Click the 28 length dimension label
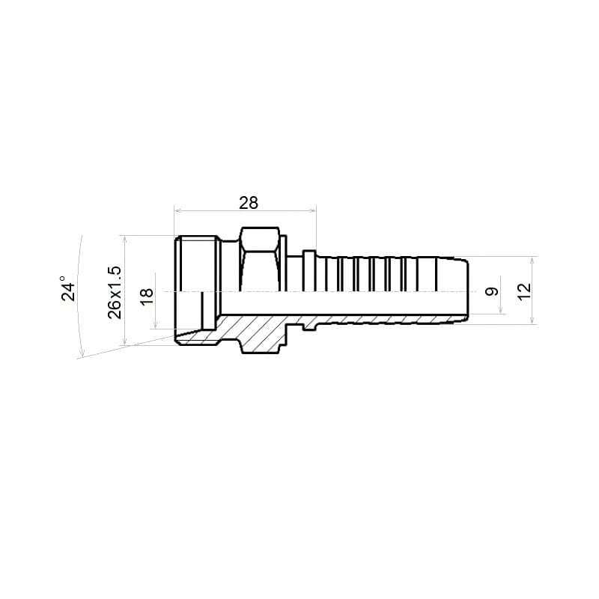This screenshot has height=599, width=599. (x=249, y=203)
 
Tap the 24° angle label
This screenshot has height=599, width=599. (x=69, y=289)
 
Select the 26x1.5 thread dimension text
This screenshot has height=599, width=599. (x=115, y=292)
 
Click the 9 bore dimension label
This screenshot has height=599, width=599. (x=492, y=291)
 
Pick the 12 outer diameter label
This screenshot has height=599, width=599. (x=526, y=291)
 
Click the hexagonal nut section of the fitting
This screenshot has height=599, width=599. (x=260, y=260)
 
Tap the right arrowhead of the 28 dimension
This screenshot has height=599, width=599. (x=314, y=210)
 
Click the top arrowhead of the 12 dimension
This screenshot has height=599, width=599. (x=532, y=260)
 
